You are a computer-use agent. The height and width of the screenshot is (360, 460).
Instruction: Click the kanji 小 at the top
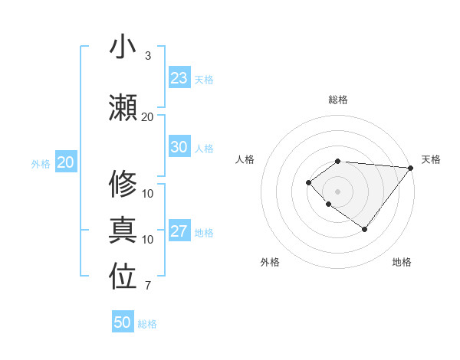coord(123,47)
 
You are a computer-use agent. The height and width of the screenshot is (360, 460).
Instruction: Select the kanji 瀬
coord(123,107)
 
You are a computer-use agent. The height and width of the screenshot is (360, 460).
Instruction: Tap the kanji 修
coord(123,184)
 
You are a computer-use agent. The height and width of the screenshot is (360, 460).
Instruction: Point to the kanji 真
coord(123,230)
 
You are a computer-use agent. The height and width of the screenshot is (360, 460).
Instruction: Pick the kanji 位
coord(123,277)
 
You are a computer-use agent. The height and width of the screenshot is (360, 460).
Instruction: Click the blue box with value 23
coord(179,78)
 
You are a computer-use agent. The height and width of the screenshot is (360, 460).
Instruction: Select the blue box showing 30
coord(179,147)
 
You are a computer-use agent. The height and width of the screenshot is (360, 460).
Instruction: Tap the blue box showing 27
coord(179,231)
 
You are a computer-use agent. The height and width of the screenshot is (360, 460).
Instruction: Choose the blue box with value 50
coord(123,322)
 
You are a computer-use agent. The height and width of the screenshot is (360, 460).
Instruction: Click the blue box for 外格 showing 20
coord(66,162)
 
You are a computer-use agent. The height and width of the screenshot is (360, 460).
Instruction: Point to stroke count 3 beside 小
coord(148,56)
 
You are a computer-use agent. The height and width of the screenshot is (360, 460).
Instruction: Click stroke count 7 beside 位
coord(148,286)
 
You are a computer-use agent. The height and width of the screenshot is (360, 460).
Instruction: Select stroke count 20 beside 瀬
coord(148,116)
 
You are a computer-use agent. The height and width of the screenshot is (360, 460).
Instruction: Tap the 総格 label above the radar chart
coord(338,100)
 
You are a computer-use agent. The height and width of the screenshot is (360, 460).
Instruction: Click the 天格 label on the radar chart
coord(431,159)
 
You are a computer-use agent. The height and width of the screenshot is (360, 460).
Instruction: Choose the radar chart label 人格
coord(245,159)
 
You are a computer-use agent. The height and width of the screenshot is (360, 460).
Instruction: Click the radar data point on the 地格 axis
coord(364,229)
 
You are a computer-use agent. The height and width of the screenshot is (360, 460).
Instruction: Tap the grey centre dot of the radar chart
coord(338,191)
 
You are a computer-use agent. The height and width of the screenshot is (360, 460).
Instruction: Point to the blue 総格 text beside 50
coord(147,324)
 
